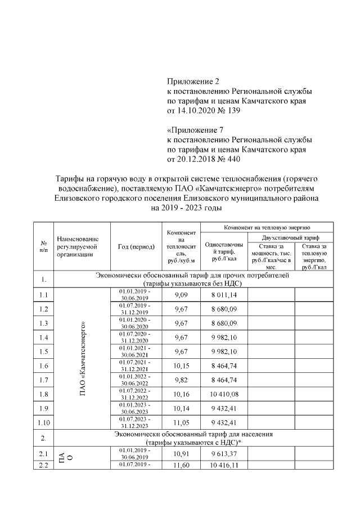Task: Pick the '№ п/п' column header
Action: click(x=43, y=246)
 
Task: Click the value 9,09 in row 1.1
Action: click(x=181, y=294)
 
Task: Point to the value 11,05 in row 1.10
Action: click(x=181, y=422)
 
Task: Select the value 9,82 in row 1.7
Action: click(x=181, y=379)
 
